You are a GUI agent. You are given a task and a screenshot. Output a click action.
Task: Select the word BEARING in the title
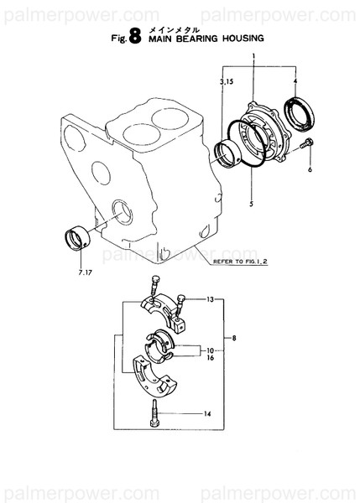200,38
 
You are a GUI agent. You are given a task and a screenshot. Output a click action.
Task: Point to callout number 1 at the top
251,54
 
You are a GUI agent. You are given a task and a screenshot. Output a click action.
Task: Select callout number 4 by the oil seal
295,80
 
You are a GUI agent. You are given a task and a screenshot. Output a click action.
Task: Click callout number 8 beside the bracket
234,338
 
